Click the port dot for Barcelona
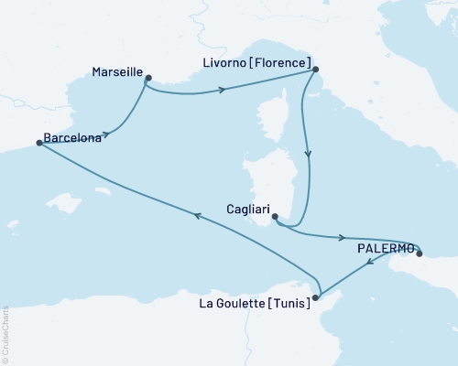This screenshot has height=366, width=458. tap(38, 143)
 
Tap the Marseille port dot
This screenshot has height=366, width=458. tap(148, 78)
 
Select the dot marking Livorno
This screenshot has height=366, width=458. tap(315, 70)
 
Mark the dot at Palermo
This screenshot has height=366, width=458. tap(420, 253)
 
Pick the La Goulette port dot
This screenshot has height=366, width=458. tap(316, 297)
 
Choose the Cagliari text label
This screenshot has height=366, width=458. tap(246, 209)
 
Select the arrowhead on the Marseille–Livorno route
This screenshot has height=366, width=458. tap(223, 90)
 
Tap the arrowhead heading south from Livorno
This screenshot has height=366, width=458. tap(307, 156)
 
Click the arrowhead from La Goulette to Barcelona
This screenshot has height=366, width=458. tap(195, 213)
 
